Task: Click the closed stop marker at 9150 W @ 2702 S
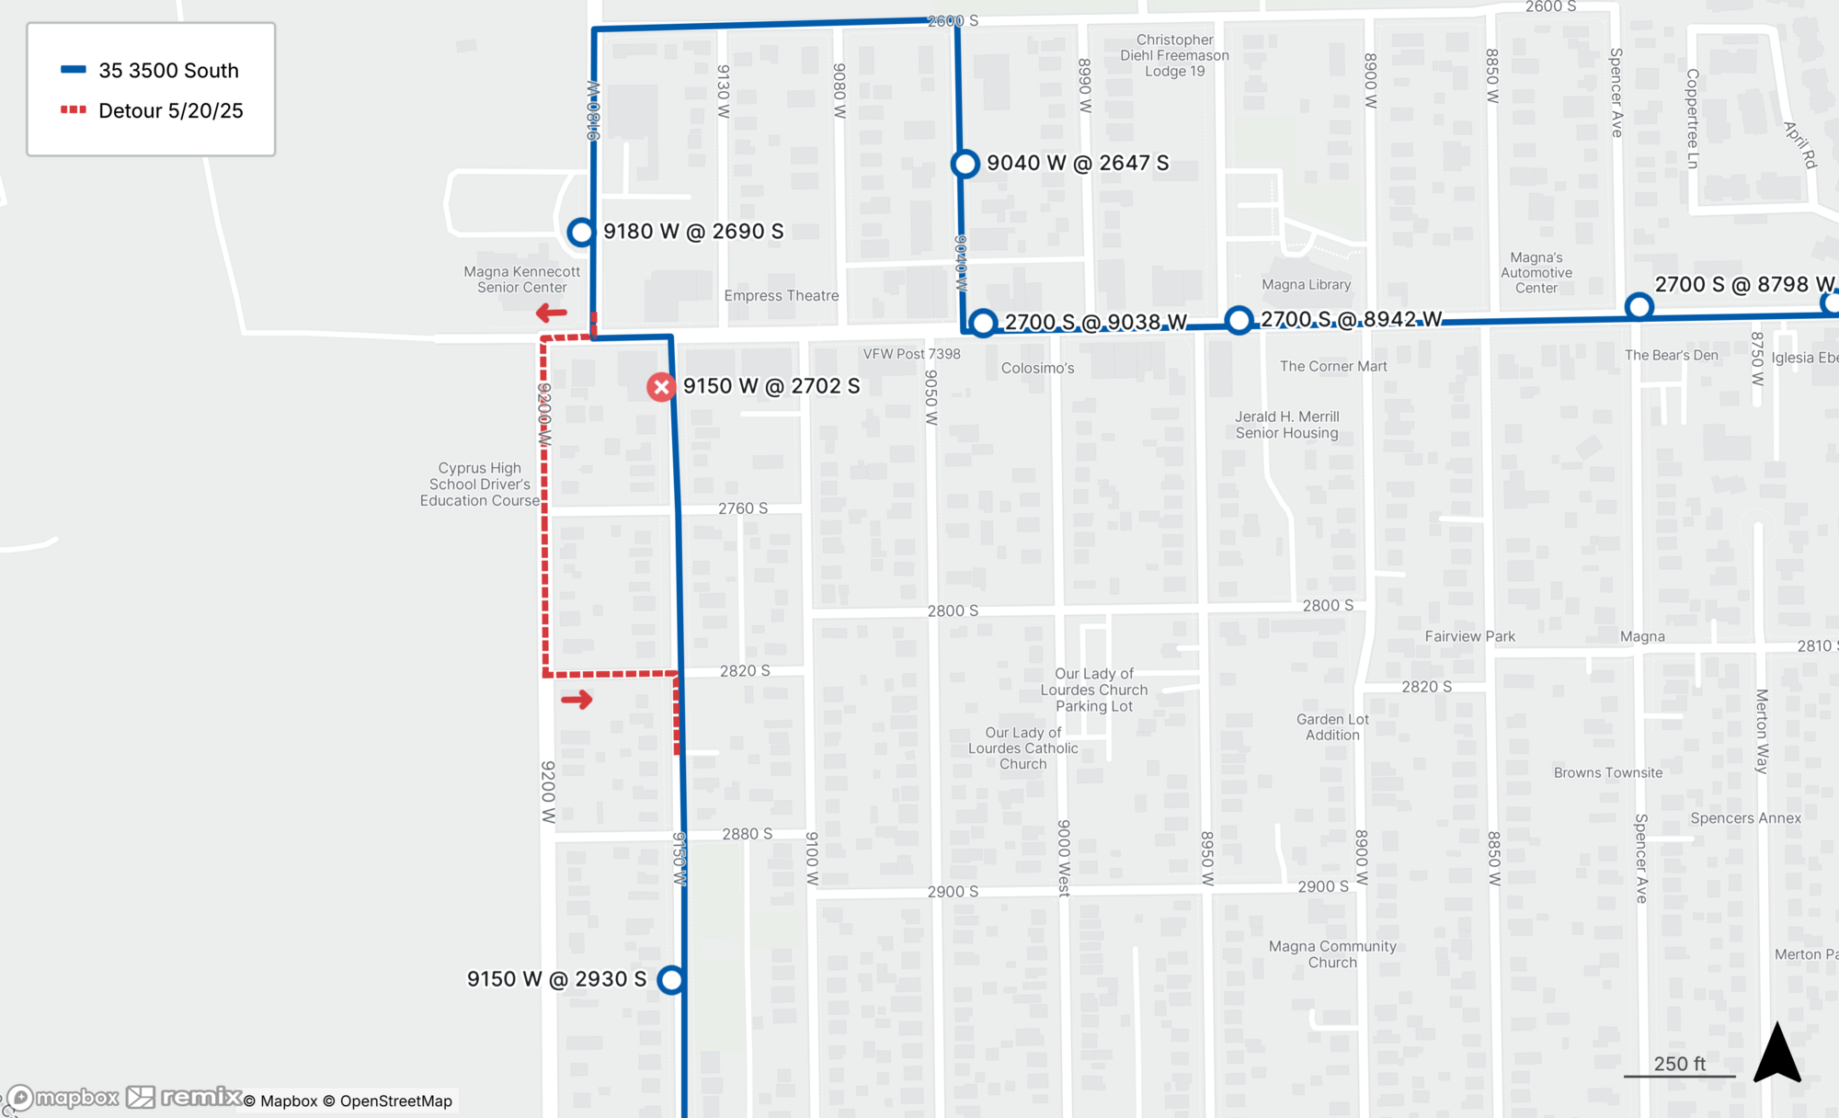coord(660,387)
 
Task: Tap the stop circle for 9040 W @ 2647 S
coord(965,164)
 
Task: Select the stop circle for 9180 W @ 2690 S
coord(580,232)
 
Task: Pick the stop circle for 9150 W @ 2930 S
coord(671,980)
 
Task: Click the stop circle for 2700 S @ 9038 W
coord(983,323)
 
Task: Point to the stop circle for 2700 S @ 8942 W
coord(1239,320)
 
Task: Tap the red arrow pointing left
coord(552,314)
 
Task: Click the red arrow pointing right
coord(577,701)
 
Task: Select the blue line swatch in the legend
coord(74,70)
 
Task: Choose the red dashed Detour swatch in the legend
coord(74,110)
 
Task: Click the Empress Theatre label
coord(781,296)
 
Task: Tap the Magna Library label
coord(1306,285)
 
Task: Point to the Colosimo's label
coord(1037,369)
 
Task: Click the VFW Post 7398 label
coord(911,354)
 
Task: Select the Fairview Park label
coord(1469,636)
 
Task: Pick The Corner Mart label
coord(1333,367)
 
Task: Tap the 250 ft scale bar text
coord(1679,1064)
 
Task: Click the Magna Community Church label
coord(1332,954)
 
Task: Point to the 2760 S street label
coord(743,508)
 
